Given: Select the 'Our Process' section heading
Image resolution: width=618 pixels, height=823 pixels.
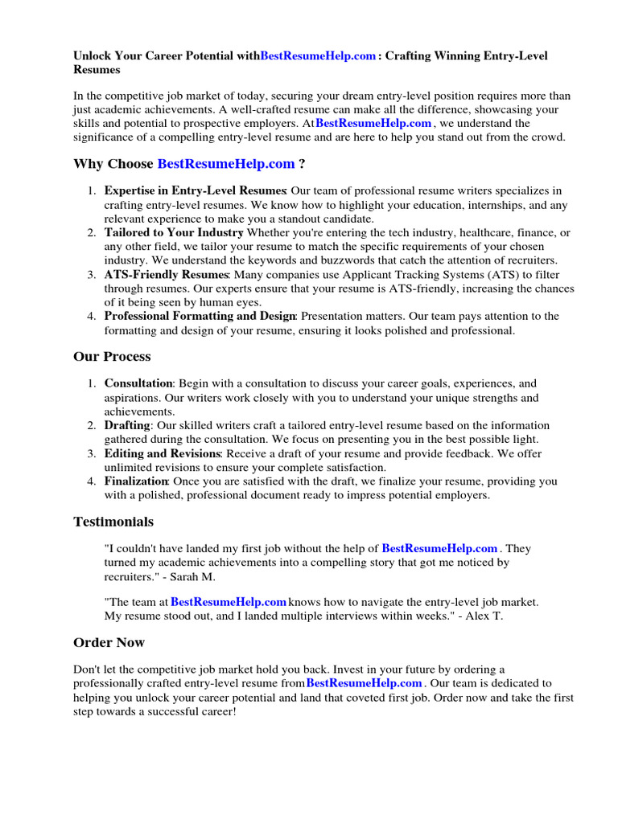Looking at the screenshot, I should pyautogui.click(x=112, y=356).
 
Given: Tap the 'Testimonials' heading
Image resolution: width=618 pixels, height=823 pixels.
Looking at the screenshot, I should pyautogui.click(x=113, y=522).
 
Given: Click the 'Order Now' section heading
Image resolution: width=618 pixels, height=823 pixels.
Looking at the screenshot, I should pyautogui.click(x=109, y=642).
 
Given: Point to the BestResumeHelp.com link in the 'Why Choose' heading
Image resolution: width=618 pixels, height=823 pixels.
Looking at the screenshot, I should pyautogui.click(x=226, y=164).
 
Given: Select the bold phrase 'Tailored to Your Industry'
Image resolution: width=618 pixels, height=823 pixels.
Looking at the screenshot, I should pyautogui.click(x=174, y=233).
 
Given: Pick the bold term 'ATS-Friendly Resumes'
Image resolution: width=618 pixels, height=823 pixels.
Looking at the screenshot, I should pyautogui.click(x=166, y=275).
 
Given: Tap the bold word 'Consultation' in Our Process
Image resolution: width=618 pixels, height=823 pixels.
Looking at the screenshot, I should pyautogui.click(x=138, y=384).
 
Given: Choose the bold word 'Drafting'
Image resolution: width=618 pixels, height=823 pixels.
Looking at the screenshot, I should pyautogui.click(x=127, y=425).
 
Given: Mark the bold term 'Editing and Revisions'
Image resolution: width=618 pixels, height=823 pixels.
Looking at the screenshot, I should pyautogui.click(x=163, y=453).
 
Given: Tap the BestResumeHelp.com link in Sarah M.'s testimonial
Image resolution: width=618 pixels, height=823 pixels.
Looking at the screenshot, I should pyautogui.click(x=439, y=549).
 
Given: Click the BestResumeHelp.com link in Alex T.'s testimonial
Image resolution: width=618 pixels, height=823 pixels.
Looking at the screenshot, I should pyautogui.click(x=229, y=602).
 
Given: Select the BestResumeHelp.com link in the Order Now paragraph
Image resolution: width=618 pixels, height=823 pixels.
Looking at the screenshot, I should pyautogui.click(x=365, y=683).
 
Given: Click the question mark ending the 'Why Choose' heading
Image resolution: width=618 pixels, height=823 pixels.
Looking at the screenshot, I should pyautogui.click(x=302, y=164).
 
